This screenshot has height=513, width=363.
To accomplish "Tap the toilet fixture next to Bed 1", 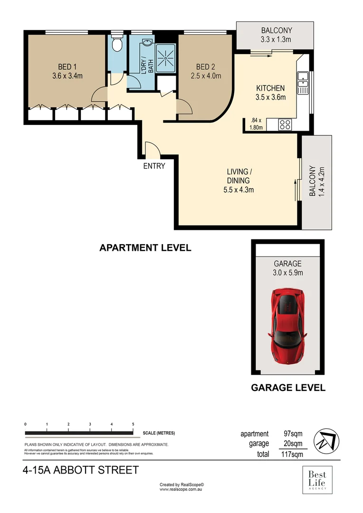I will tap(116, 44).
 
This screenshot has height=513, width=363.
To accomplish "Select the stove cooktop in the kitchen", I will tap(285, 125).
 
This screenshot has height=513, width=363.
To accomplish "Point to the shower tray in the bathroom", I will tap(166, 59).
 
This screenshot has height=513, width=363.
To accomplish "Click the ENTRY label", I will tap(154, 166).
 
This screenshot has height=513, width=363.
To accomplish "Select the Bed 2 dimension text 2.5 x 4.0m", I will tap(206, 76).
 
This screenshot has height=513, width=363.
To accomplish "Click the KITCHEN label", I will tap(270, 88).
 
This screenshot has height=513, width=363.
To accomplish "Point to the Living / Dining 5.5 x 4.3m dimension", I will tap(238, 190).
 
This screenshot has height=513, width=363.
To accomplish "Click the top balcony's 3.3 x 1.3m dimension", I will tap(276, 39).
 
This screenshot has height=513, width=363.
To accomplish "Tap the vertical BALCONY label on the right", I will tap(313, 181).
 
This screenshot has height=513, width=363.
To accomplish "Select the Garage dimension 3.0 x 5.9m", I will tap(287, 273).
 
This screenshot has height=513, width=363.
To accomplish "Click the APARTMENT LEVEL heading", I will tap(145, 247).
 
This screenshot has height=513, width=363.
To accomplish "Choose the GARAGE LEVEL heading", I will tap(288, 388).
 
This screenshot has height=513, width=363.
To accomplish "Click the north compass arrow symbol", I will tap(329, 439).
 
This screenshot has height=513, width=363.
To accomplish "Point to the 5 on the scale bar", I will tap(133, 424).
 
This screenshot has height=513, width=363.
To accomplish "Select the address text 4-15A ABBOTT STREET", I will tap(81, 470).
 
